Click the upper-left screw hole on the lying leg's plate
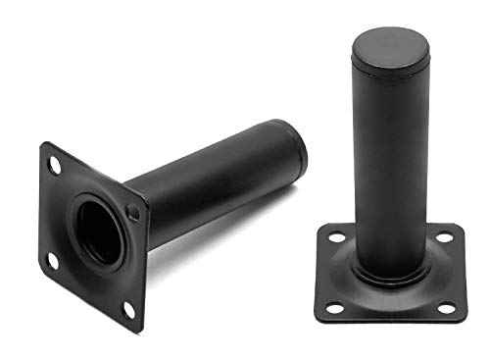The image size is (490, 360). (55, 166)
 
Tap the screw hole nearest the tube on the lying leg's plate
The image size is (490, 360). (133, 213)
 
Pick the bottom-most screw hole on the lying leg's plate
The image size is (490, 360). (127, 309)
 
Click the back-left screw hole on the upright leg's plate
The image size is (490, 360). (336, 238)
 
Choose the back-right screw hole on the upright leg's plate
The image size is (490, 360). (445, 237)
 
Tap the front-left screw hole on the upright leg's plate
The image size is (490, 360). (334, 308)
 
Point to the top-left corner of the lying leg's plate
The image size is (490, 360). (43, 145)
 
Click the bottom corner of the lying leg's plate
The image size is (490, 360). (139, 331)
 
